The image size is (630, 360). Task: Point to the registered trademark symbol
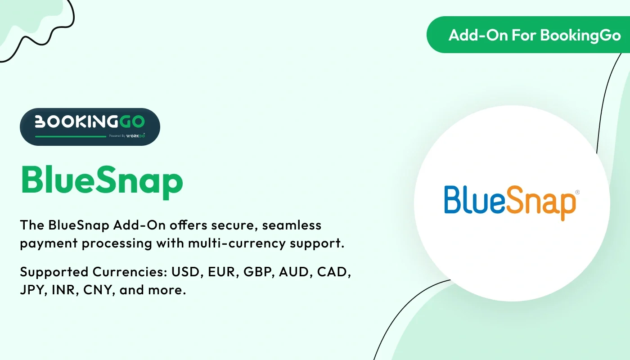point(577,192)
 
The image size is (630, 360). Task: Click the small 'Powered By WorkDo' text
point(127,135)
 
